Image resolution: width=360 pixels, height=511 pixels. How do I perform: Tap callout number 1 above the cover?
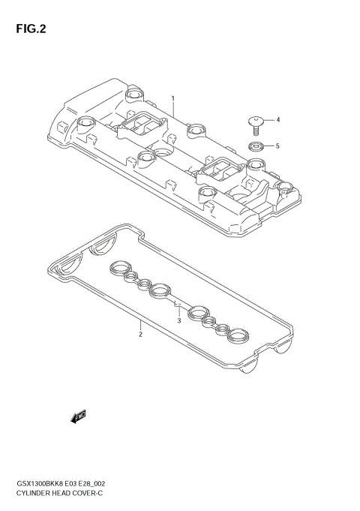[172, 98]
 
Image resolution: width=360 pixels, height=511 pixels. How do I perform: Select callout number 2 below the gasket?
[140, 335]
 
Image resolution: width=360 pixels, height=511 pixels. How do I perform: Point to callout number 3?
[179, 320]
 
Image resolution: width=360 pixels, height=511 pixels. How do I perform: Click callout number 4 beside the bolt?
[277, 119]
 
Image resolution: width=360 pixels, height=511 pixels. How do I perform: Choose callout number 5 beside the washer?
[277, 146]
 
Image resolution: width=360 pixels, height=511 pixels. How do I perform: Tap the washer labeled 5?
[256, 146]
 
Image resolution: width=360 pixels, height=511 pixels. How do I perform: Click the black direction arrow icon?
[78, 416]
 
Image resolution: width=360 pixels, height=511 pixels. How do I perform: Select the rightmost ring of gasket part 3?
[237, 335]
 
